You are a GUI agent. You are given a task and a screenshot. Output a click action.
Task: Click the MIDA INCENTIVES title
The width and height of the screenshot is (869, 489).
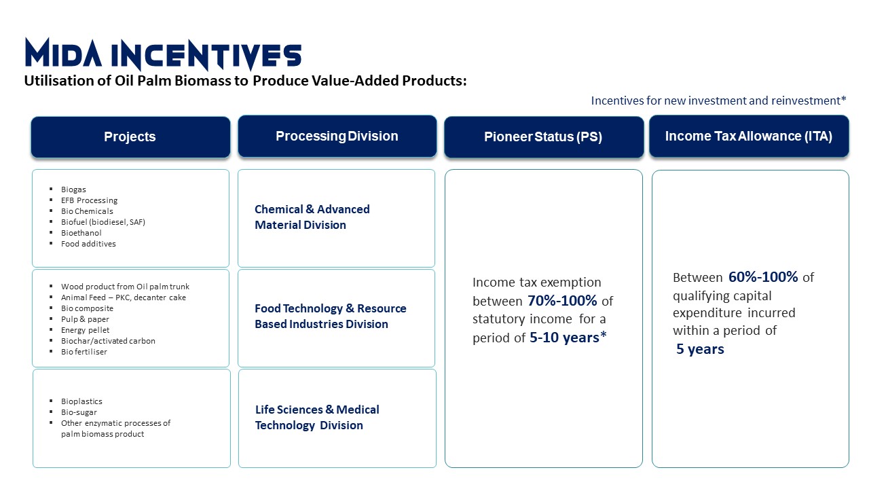[x=163, y=54]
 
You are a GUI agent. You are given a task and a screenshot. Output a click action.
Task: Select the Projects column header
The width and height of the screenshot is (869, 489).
[x=130, y=137]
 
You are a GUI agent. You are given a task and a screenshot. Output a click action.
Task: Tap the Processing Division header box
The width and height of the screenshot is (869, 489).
[x=337, y=137]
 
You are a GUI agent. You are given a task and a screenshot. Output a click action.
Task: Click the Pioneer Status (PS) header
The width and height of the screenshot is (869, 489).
[x=544, y=137]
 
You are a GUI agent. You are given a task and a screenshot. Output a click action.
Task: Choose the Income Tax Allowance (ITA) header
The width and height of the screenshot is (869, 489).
[x=749, y=137]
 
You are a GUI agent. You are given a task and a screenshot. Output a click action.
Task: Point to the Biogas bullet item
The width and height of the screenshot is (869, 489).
[x=73, y=189]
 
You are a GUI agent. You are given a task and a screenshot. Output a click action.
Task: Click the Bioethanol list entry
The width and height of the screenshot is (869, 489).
[x=81, y=233]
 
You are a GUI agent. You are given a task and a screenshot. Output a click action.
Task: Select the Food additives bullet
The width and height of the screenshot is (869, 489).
[x=88, y=244]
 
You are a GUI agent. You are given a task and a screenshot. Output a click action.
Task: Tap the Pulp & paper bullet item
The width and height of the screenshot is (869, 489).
[x=85, y=319]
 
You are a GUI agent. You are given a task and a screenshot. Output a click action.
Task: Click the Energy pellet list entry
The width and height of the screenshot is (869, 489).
[x=85, y=330]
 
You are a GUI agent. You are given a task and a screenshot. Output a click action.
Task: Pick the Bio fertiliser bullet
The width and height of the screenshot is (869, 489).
[x=84, y=352]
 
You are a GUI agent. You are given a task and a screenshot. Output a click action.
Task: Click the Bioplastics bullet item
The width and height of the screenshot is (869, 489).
[x=81, y=401]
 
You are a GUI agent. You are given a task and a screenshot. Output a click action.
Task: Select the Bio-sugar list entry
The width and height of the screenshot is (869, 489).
[x=79, y=412]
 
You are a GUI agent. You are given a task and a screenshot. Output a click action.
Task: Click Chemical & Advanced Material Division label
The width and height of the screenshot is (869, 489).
[x=312, y=217]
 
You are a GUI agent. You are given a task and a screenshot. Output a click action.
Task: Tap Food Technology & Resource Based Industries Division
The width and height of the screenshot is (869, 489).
[x=331, y=316]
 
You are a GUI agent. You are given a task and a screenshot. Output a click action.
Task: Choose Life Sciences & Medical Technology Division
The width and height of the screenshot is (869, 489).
[x=317, y=417]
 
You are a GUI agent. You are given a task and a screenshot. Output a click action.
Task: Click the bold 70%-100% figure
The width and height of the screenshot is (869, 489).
[x=562, y=301]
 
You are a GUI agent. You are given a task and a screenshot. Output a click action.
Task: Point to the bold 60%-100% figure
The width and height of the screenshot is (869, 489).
[x=763, y=277]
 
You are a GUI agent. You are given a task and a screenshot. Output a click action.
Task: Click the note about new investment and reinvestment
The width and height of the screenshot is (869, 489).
[x=718, y=101]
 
